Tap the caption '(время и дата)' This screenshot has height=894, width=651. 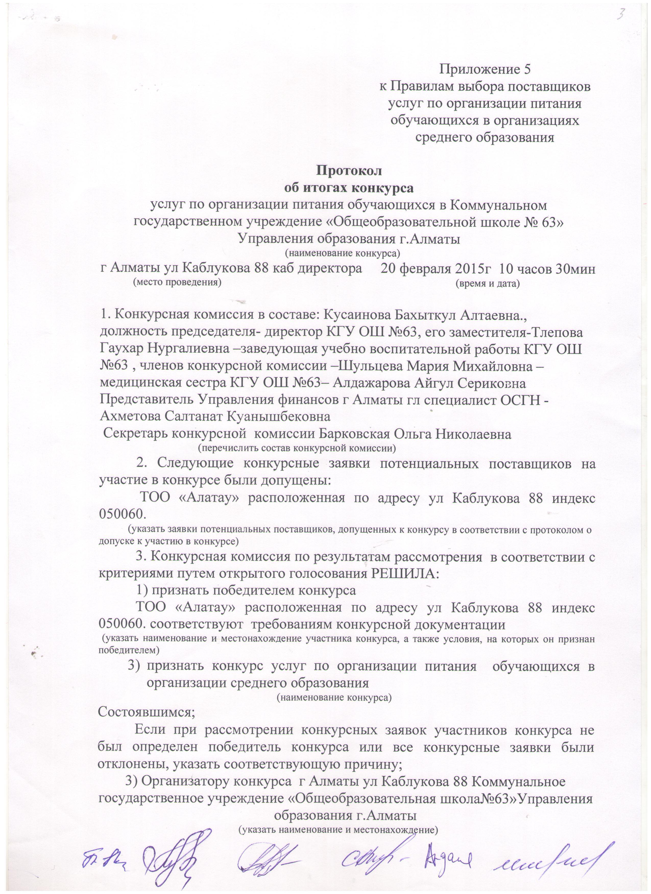(487, 283)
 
